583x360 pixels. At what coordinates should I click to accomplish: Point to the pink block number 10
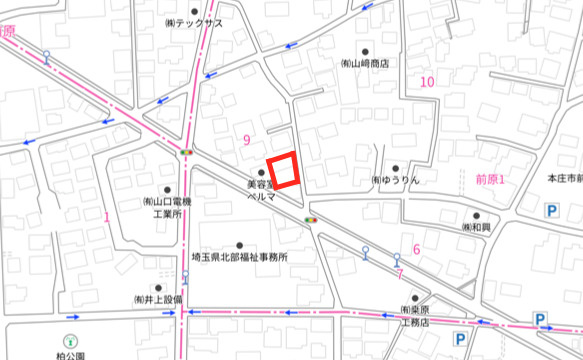pos(428,81)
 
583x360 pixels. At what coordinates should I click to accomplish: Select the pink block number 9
pos(246,140)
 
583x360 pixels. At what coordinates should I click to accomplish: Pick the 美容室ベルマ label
pos(261,191)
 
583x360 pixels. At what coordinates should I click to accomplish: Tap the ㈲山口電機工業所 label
pos(167,207)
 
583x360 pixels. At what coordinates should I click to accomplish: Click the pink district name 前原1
pos(490,179)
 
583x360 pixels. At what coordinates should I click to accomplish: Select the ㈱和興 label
pos(477,227)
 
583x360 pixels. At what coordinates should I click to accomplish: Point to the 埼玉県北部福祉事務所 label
pos(240,257)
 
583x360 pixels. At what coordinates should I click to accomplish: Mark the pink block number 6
pos(417,249)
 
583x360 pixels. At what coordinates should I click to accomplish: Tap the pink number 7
pos(398,273)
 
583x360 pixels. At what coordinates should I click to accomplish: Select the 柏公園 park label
pos(70,353)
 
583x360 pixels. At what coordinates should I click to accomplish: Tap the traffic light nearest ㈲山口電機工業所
pos(187,151)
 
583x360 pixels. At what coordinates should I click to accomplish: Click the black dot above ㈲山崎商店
pos(365,50)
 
